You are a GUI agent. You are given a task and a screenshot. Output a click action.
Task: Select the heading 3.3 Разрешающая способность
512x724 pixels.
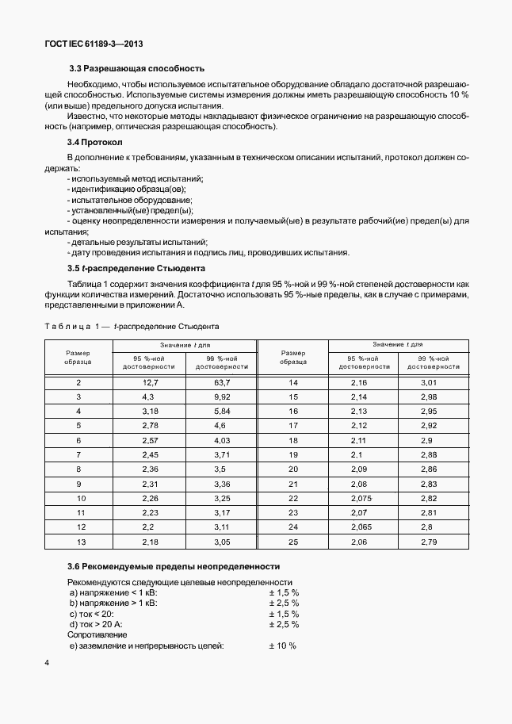pyautogui.click(x=136, y=68)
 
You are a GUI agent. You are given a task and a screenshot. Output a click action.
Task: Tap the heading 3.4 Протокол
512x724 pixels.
pyautogui.click(x=94, y=142)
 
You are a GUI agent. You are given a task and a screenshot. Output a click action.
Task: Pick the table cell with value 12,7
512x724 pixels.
pyautogui.click(x=150, y=382)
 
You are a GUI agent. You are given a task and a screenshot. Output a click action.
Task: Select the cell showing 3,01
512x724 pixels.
pyautogui.click(x=428, y=382)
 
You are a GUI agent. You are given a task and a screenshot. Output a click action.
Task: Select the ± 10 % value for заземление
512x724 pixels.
pyautogui.click(x=282, y=645)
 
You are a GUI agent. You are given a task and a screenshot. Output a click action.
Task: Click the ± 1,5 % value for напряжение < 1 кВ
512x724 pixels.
pyautogui.click(x=283, y=592)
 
